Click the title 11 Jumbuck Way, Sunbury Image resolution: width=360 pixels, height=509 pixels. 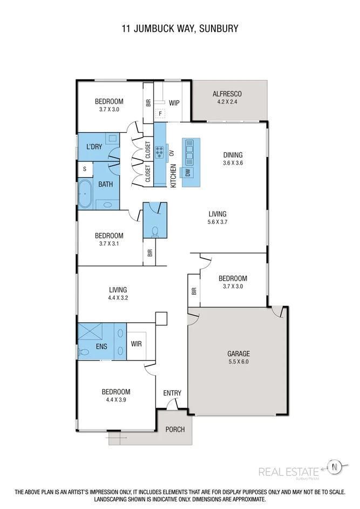(180, 28)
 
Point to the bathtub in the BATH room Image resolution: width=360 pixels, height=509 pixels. (85, 194)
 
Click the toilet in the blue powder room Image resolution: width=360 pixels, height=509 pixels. (155, 231)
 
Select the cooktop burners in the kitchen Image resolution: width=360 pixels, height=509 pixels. (160, 152)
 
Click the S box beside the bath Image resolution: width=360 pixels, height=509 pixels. (84, 168)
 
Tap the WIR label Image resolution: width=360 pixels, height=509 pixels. (137, 343)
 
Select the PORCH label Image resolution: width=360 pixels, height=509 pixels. (175, 430)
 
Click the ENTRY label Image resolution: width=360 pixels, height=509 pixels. (172, 393)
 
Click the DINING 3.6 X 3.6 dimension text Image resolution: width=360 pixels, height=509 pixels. (233, 162)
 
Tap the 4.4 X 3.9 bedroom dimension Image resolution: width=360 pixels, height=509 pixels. (116, 400)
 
